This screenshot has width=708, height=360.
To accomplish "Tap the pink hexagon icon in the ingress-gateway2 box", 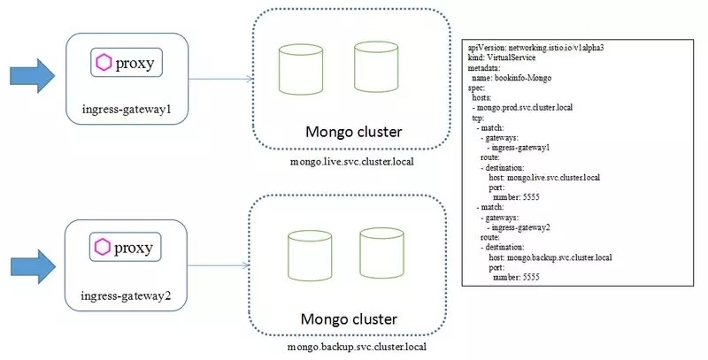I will click(104, 246).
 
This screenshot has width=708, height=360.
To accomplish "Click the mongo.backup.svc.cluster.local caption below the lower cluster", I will click(357, 348).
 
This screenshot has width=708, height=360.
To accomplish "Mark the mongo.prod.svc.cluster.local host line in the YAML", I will click(527, 108).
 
